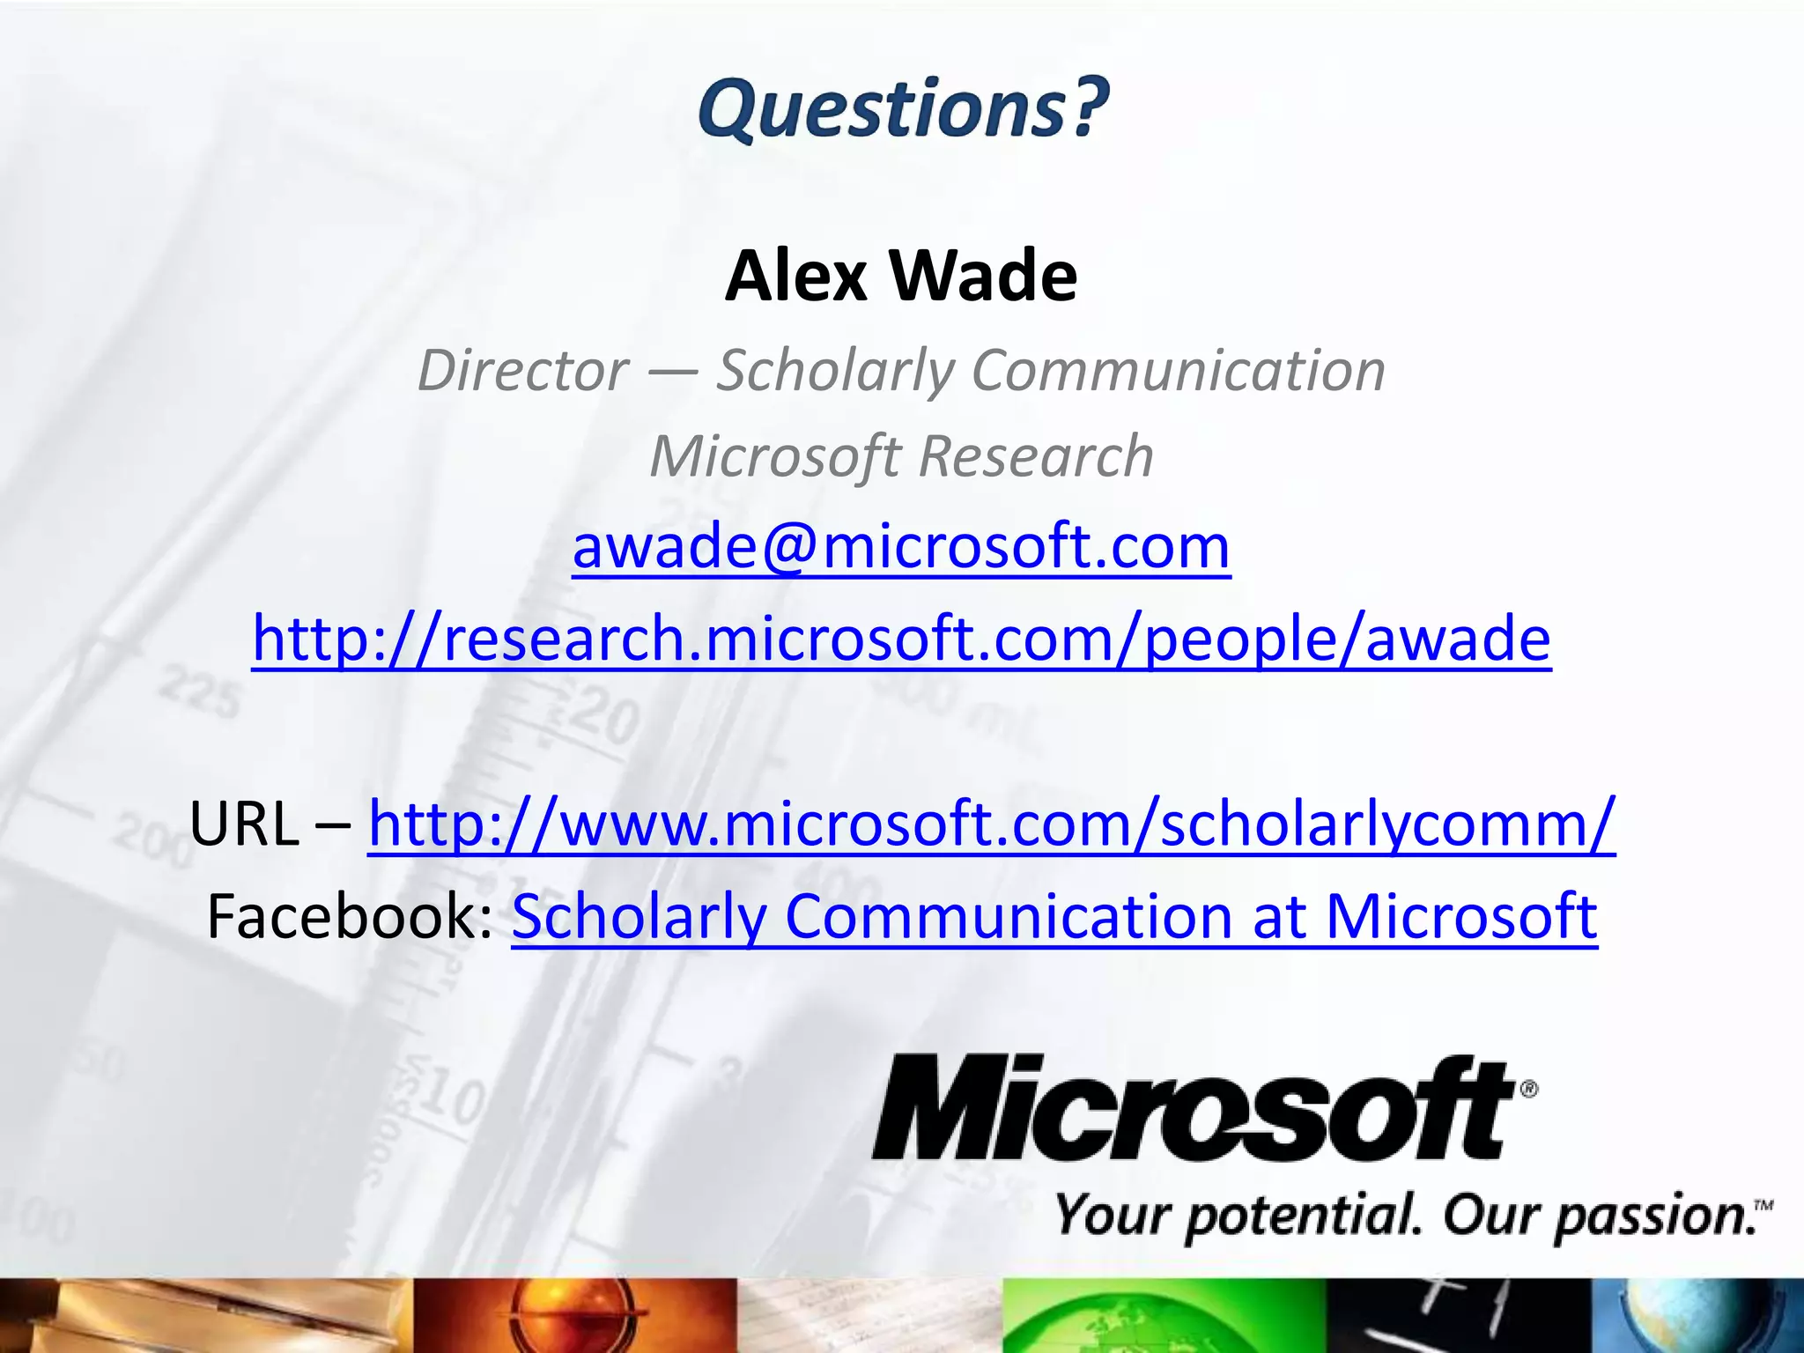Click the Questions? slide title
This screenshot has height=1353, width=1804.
point(903,109)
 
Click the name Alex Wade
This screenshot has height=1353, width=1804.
point(901,276)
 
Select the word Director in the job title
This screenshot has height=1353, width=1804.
point(523,370)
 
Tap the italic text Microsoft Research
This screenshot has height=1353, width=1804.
point(901,456)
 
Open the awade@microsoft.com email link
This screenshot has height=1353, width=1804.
point(901,546)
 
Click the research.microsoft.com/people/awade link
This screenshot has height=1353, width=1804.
point(901,638)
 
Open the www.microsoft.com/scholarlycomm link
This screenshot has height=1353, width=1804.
point(992,824)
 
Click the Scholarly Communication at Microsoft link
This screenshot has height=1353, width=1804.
point(1054,916)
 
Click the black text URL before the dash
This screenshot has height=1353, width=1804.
point(244,824)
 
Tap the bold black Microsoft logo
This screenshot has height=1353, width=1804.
point(1194,1108)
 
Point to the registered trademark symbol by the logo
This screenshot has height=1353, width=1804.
point(1529,1089)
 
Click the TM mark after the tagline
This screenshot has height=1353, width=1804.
point(1763,1205)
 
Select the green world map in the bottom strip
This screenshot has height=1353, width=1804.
point(1163,1318)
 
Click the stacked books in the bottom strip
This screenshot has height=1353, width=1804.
point(203,1318)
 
